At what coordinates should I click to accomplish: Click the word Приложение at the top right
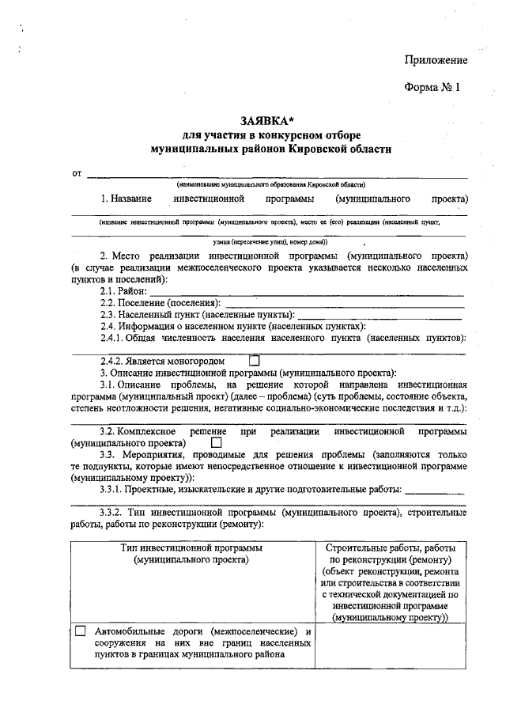point(436,60)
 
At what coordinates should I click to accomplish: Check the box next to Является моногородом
point(255,361)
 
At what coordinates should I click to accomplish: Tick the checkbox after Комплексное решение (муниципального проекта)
point(217,443)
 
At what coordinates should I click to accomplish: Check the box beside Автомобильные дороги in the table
point(81,632)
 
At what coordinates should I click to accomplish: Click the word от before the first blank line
point(77,173)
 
